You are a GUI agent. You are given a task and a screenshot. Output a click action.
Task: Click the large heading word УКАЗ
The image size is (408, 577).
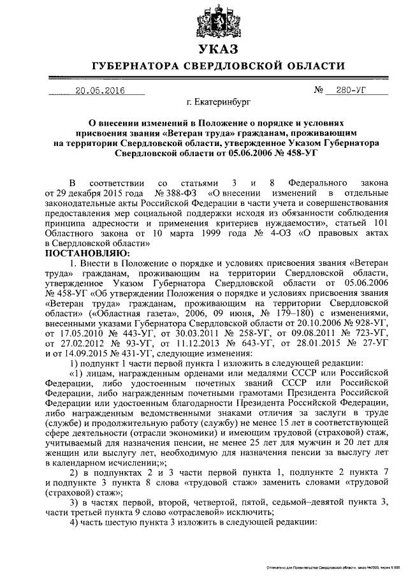pyautogui.click(x=217, y=50)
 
